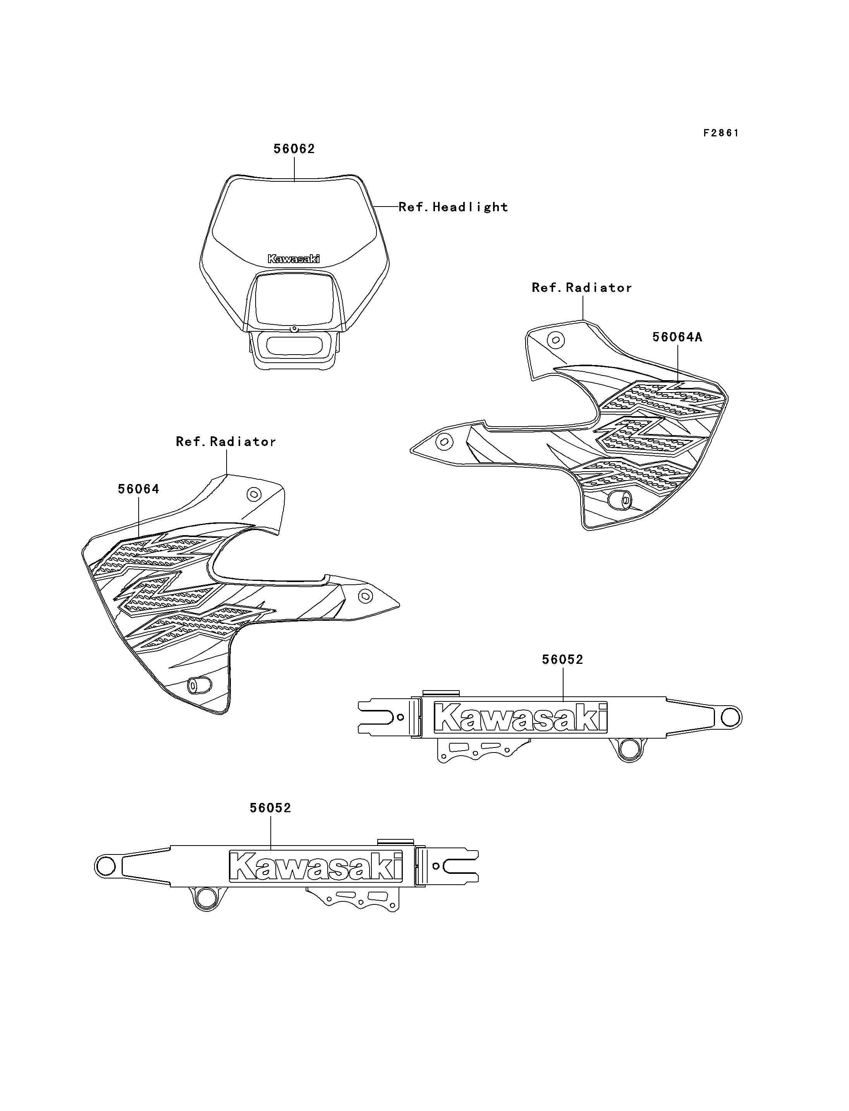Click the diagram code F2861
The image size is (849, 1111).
coord(721,133)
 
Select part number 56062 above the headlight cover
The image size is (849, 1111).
coord(294,149)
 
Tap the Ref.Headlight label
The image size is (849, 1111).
coord(453,207)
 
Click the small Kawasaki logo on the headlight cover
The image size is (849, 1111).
coord(294,259)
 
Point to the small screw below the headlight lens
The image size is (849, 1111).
coord(293,328)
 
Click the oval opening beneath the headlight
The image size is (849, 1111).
coord(294,346)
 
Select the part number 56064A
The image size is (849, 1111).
coord(677,337)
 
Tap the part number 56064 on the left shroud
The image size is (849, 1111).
coord(139,489)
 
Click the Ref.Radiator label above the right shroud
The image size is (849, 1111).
coord(582,288)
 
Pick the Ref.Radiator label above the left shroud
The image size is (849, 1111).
coord(226,441)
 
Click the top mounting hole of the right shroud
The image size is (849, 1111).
coord(557,339)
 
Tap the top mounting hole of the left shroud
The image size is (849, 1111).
coord(253,494)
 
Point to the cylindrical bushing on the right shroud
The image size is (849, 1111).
coord(620,500)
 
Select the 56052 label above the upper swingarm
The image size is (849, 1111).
coord(562,660)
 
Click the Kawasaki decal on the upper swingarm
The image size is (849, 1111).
coord(521,717)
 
